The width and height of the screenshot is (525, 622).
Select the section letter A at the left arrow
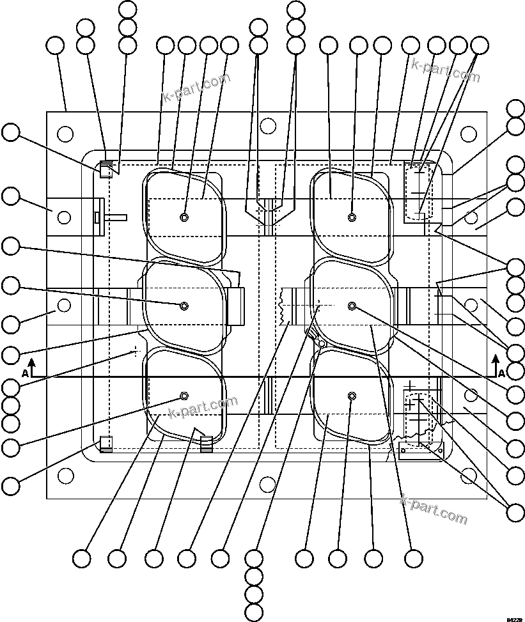[x=25, y=373]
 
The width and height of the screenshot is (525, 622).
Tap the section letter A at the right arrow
[x=502, y=373]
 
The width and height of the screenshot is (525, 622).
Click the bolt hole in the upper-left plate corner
[x=65, y=134]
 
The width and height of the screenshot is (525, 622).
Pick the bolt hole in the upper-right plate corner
[x=469, y=134]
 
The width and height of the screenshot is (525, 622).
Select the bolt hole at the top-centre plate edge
[x=267, y=126]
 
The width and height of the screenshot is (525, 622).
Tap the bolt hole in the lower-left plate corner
[x=65, y=476]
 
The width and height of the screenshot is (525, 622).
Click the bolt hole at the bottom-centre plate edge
[x=267, y=484]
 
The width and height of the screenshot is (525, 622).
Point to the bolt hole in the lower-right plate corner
[x=470, y=475]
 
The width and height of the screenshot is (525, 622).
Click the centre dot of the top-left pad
[x=184, y=217]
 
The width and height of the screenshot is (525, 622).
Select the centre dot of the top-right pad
[x=352, y=217]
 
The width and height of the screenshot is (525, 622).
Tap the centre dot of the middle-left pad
[x=184, y=306]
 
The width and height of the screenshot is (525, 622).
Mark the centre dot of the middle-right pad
[x=352, y=306]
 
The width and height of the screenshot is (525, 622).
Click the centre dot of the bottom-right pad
[x=352, y=396]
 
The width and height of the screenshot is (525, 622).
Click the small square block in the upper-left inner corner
[x=105, y=170]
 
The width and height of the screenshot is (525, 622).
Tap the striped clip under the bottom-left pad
[x=206, y=443]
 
